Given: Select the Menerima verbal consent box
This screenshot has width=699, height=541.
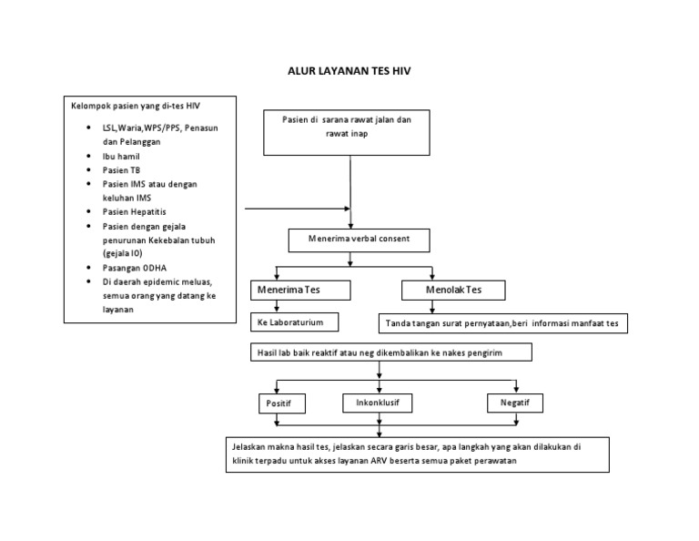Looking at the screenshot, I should coord(358,240).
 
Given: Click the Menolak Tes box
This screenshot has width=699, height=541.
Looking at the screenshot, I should coord(454,291).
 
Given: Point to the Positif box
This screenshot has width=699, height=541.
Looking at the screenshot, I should coord(280,403).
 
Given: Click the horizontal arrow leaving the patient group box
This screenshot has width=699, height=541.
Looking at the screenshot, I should coord(296,209).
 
